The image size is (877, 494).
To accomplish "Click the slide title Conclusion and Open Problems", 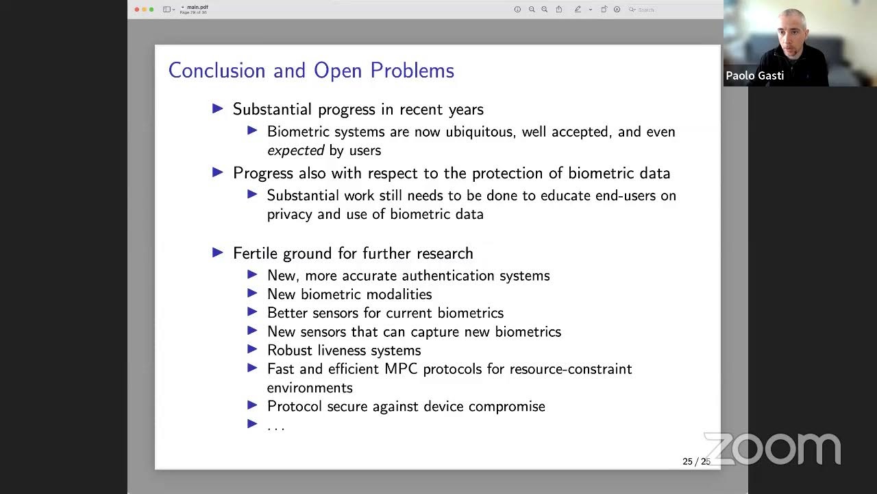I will coord(311,71).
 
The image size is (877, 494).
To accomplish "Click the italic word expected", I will coord(295,150).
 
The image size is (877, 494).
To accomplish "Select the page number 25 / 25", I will coord(696,462).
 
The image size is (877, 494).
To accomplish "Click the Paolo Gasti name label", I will coord(754,75).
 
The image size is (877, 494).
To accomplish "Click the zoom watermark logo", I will coord(772,449).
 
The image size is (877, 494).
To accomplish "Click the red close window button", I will coord(137,10).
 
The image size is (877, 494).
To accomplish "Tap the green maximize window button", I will coord(151,10).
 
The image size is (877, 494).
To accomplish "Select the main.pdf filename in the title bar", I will coord(197,7).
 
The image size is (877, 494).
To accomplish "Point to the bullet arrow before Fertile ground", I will coord(218,252).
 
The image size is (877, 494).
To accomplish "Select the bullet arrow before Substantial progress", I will coord(218,108).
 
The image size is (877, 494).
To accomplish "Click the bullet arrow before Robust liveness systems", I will coord(252,349).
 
